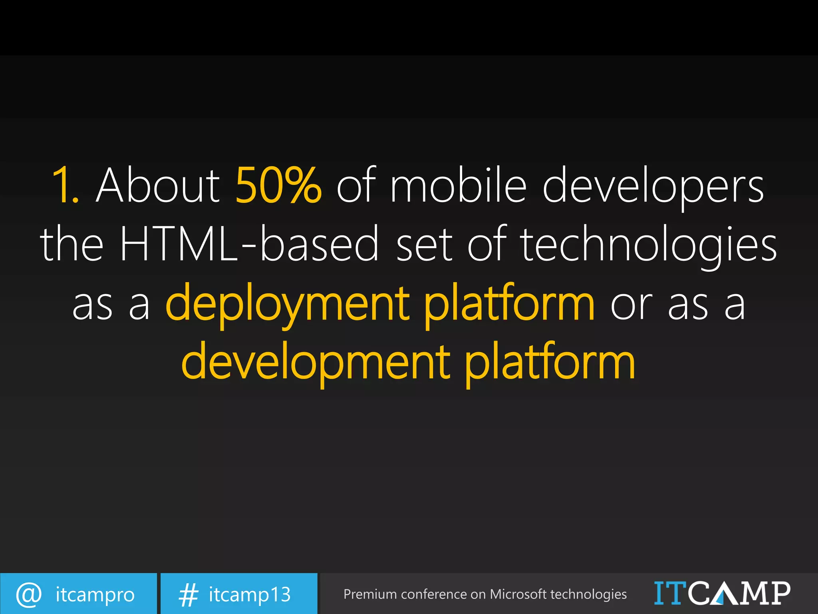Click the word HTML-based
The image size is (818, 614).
pos(249,244)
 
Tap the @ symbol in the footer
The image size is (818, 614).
pos(29,594)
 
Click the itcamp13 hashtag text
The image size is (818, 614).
pos(250,594)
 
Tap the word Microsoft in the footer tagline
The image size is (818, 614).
pos(518,594)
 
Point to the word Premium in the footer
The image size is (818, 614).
pos(370,594)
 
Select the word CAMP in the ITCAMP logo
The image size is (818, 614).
pos(739,593)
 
